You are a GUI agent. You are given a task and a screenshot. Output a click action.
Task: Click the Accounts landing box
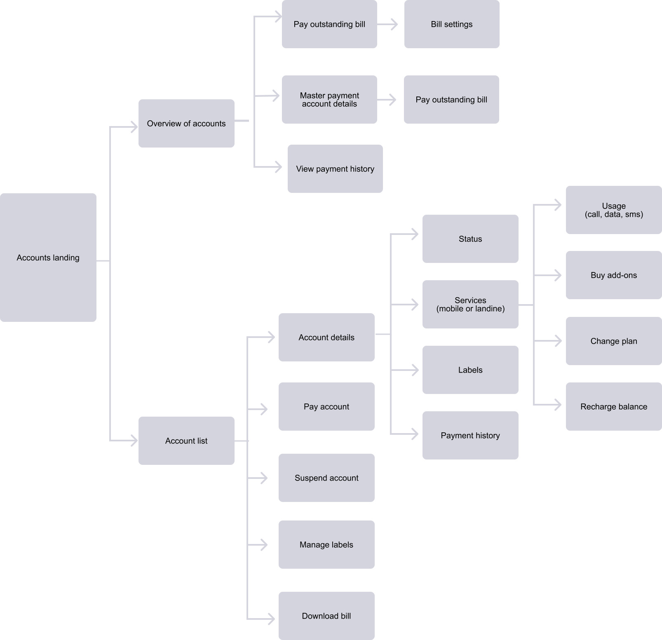point(48,258)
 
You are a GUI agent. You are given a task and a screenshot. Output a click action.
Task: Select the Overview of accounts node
point(186,123)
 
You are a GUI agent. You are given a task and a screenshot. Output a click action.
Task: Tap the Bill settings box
point(452,24)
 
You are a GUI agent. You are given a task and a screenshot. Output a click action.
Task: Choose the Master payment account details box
point(329,99)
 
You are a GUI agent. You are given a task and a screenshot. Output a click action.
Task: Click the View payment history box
point(335,169)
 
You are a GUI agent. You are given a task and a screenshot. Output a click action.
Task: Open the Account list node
point(186,441)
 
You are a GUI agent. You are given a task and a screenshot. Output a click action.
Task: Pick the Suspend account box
point(326,478)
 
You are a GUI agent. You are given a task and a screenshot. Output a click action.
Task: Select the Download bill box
point(326,616)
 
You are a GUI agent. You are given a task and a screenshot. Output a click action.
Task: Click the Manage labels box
point(326,544)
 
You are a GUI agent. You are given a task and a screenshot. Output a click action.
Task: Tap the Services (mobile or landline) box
point(470,304)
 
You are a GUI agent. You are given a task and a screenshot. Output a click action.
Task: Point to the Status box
point(470,239)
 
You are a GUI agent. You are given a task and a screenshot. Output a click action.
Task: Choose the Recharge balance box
point(614,406)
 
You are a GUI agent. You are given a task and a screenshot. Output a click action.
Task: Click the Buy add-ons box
point(614,275)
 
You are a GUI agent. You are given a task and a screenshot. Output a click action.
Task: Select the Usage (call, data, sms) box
point(614,210)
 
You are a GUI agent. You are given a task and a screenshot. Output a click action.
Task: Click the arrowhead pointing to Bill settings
point(394,24)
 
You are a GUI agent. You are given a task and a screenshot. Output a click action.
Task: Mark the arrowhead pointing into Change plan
point(558,341)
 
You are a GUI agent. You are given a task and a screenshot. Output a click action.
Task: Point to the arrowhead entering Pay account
point(264,409)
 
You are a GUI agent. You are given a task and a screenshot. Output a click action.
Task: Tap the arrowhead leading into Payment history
point(415,434)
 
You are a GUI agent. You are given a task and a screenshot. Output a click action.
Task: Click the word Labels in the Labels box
point(470,370)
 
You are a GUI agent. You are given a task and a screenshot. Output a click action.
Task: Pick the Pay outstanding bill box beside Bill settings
point(329,24)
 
